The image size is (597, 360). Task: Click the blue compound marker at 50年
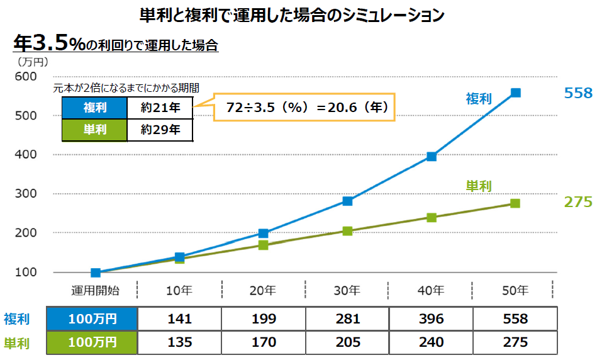pos(515,93)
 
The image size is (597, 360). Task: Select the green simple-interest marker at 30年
pos(347,231)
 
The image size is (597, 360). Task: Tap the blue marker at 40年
pos(432,156)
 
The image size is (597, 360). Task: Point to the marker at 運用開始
pos(96,273)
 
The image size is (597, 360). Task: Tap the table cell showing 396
pos(432,319)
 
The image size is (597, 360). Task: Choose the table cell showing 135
pos(179,343)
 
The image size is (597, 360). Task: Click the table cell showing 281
pos(347,319)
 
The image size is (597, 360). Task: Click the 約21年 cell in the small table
pos(160,108)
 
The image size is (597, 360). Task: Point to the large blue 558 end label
pos(577,93)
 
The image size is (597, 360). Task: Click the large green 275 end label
pos(577,202)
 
